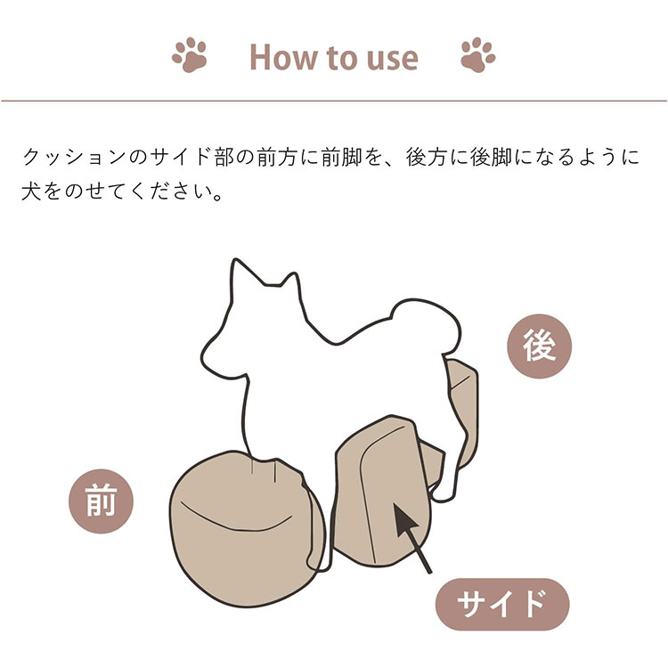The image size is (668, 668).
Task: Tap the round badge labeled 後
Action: click(x=538, y=347)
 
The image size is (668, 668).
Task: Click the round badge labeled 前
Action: click(x=101, y=501)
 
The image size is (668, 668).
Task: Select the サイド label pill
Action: click(x=501, y=605)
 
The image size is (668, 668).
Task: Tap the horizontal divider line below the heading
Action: click(x=334, y=101)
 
